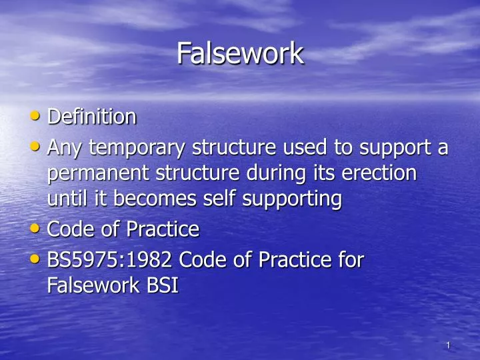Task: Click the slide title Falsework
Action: pyautogui.click(x=240, y=53)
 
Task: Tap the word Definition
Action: pyautogui.click(x=92, y=117)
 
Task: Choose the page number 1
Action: pyautogui.click(x=449, y=345)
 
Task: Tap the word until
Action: pyautogui.click(x=64, y=198)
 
